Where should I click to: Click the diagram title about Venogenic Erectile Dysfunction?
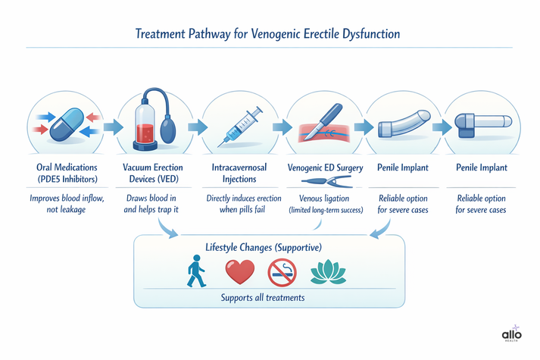[269, 34]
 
